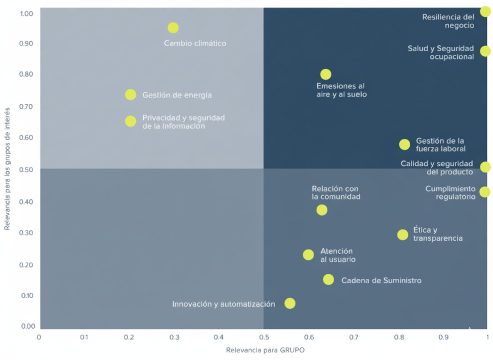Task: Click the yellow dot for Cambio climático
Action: pyautogui.click(x=173, y=28)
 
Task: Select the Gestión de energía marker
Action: pyautogui.click(x=130, y=95)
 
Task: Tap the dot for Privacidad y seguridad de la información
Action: pyautogui.click(x=130, y=121)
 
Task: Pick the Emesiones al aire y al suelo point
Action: pyautogui.click(x=326, y=75)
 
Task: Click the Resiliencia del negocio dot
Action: pyautogui.click(x=485, y=11)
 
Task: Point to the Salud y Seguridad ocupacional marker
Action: pyautogui.click(x=485, y=51)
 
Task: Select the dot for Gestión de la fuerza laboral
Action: pyautogui.click(x=404, y=145)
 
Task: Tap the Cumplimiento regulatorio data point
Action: pyautogui.click(x=485, y=192)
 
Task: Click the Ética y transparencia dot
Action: pyautogui.click(x=403, y=235)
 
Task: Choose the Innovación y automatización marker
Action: pyautogui.click(x=290, y=303)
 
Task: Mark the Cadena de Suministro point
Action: pyautogui.click(x=329, y=280)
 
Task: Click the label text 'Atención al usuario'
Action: pyautogui.click(x=337, y=255)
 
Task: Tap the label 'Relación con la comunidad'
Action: pyautogui.click(x=336, y=193)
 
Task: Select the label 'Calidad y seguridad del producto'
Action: pyautogui.click(x=437, y=168)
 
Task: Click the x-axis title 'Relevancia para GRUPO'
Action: pyautogui.click(x=265, y=350)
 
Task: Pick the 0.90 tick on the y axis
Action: pyautogui.click(x=26, y=44)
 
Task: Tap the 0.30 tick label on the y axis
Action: pyautogui.click(x=26, y=233)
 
